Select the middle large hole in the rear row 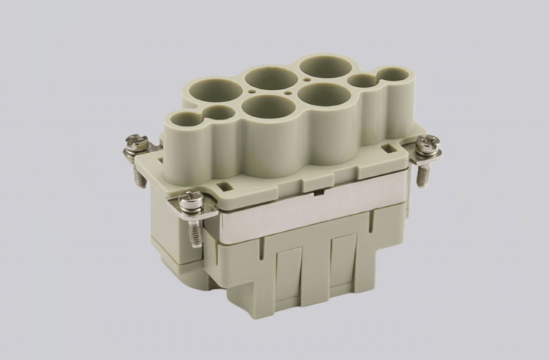[x=271, y=79]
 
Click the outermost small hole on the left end [x=184, y=121]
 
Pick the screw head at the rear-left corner [x=136, y=143]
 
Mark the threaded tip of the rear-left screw [x=141, y=179]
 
